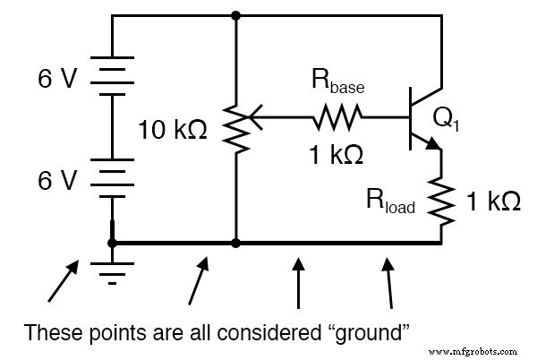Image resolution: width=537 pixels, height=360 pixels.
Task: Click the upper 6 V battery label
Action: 57,80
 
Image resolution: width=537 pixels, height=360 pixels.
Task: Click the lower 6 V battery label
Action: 57,181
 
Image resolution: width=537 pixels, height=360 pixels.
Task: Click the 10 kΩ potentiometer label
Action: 173,131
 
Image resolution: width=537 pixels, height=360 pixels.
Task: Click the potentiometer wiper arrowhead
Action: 251,115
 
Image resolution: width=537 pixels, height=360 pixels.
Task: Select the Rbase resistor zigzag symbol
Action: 337,115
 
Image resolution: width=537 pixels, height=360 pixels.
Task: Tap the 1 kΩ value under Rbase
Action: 337,153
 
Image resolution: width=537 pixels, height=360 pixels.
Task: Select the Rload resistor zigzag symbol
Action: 441,199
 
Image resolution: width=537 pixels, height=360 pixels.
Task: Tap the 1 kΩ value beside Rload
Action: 493,201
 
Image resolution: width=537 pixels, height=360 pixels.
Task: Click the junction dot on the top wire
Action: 235,15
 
